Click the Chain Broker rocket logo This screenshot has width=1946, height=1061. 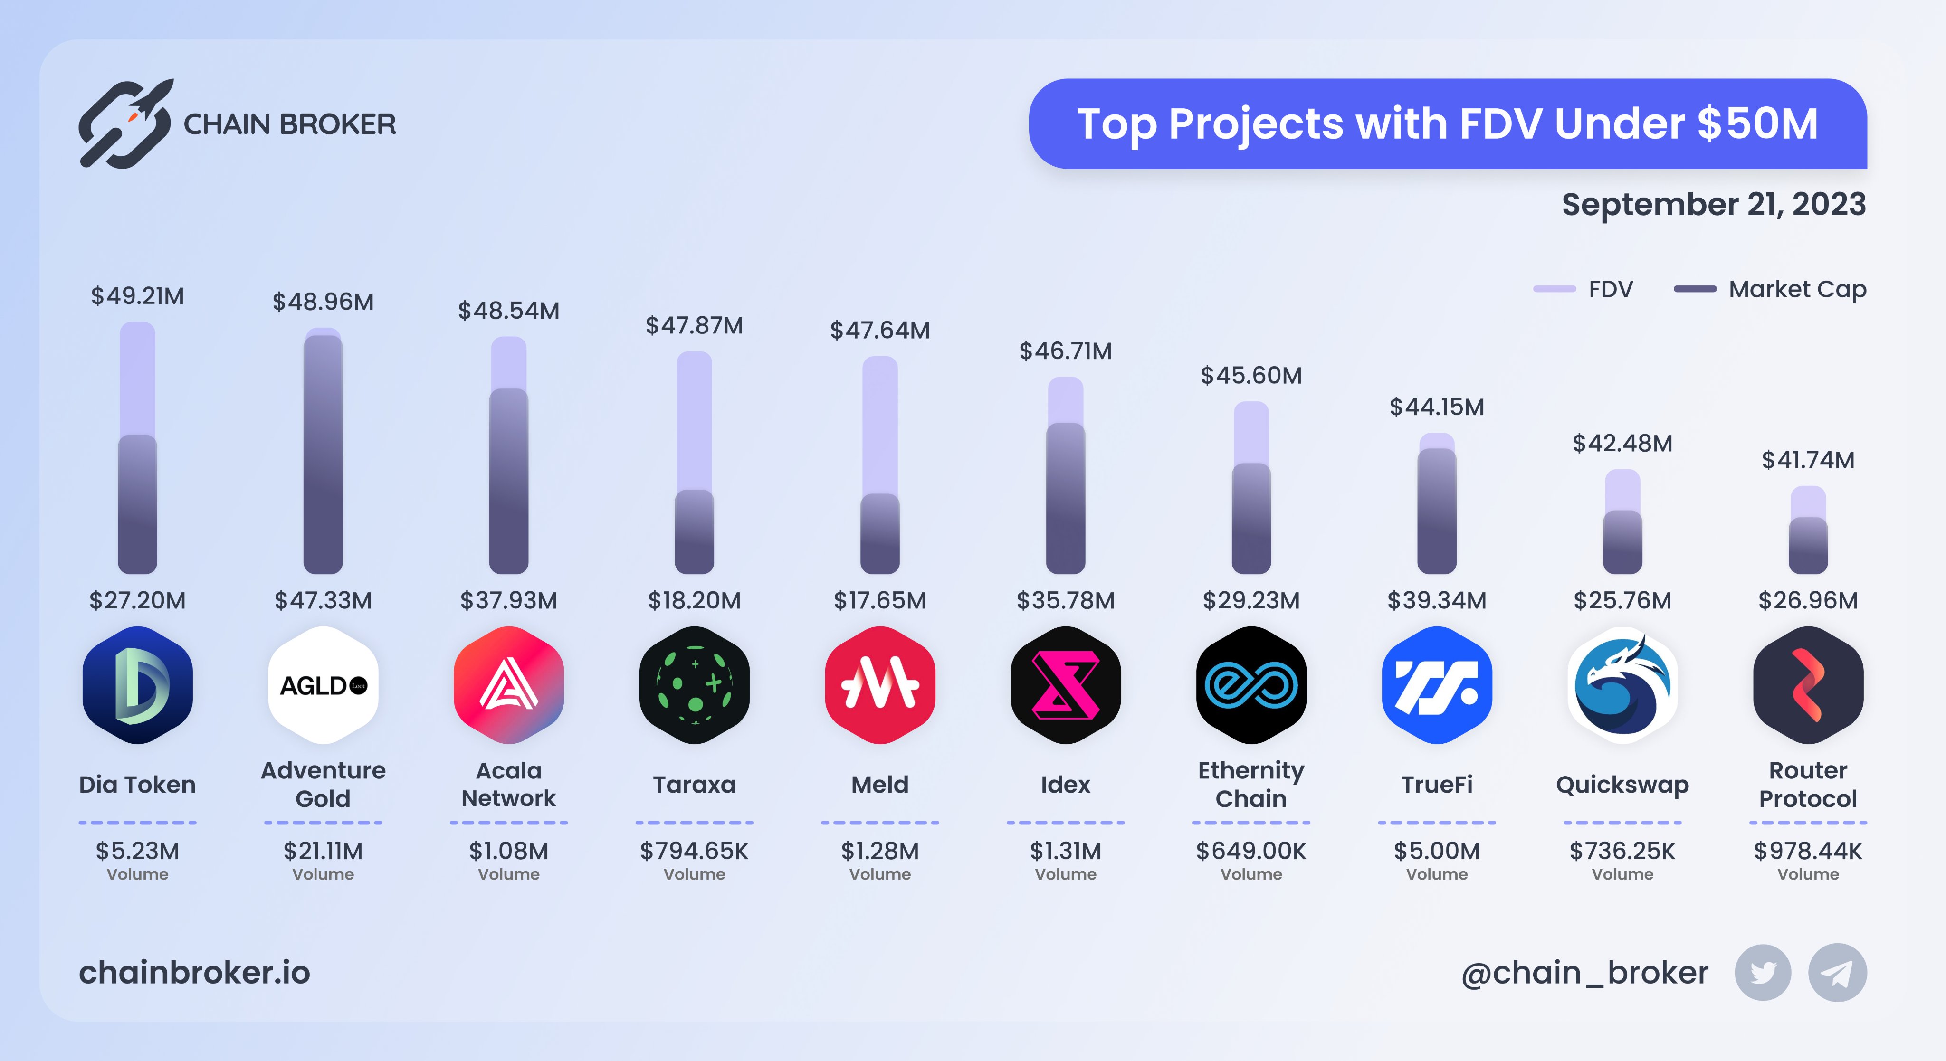[x=125, y=123]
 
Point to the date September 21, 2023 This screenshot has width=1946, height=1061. [x=1713, y=205]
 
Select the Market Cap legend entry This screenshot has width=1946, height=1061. [x=1770, y=289]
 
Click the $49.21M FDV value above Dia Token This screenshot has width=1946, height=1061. [x=137, y=296]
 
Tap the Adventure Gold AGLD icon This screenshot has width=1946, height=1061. [x=324, y=685]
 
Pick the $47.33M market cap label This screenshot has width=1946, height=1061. [x=324, y=600]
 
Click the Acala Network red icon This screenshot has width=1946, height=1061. [x=508, y=685]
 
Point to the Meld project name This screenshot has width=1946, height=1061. [x=880, y=785]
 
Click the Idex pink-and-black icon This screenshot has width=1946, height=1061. [x=1065, y=685]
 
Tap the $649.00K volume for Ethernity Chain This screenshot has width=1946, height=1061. [x=1251, y=851]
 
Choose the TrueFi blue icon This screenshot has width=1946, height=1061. [x=1437, y=685]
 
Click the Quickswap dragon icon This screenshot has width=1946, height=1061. [x=1622, y=685]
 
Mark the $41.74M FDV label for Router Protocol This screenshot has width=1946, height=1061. [x=1808, y=460]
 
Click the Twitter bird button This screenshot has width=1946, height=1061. [x=1763, y=973]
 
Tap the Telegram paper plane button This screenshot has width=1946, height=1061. [x=1837, y=973]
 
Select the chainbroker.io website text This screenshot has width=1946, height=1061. [x=195, y=973]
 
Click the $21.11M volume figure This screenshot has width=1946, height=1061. [x=324, y=851]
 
